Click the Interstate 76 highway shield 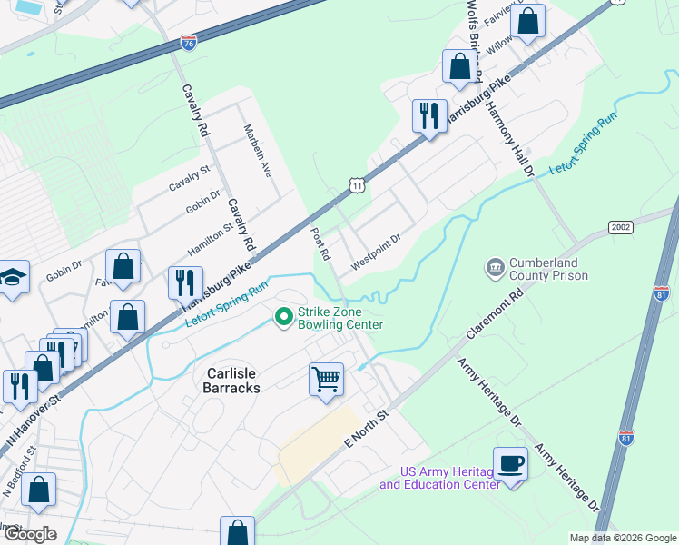coord(188,43)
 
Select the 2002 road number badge coord(621,227)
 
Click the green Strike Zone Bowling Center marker coord(283,316)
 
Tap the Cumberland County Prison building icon coord(495,266)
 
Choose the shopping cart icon coord(326,378)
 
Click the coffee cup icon coord(510,463)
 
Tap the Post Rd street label coord(318,242)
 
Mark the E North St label coord(366,428)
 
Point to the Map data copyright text coord(622,538)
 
